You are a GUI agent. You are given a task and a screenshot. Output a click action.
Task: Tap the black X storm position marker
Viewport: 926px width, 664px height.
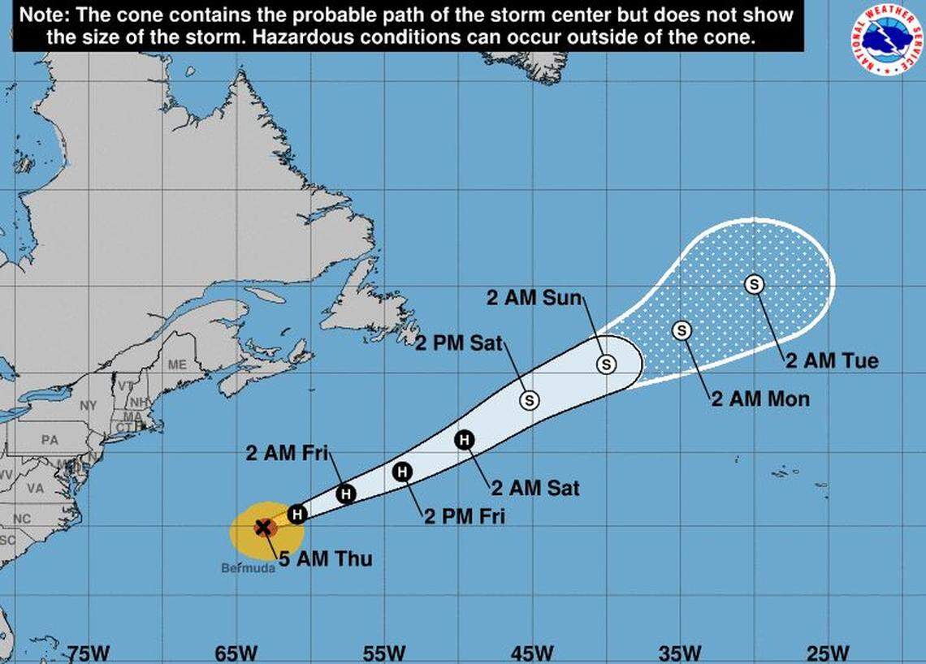pos(263,528)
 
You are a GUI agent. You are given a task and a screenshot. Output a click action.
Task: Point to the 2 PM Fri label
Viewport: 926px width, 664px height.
pos(464,515)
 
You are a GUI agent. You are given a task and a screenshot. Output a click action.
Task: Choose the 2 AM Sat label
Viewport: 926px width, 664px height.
pos(535,488)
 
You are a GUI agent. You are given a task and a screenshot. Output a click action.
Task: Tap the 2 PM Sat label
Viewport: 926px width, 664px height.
pos(459,343)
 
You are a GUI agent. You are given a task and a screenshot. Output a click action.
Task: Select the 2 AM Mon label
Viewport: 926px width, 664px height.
pos(760,399)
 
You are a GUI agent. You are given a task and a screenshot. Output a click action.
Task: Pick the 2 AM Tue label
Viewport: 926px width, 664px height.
pos(832,360)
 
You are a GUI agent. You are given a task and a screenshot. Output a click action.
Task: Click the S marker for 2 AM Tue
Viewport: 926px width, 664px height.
pos(755,284)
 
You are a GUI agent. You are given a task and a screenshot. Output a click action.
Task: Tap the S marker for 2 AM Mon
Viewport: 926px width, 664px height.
pos(682,330)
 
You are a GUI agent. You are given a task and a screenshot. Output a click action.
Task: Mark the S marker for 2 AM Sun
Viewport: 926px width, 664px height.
pos(606,364)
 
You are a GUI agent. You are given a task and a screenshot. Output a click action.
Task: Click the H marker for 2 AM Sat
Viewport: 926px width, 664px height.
pos(464,440)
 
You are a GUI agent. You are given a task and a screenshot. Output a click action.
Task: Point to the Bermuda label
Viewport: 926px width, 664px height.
pos(248,568)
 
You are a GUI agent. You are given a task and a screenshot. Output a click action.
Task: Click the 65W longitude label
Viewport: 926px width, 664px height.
pos(236,653)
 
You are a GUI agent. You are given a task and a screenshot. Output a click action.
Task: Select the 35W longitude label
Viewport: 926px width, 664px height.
pos(680,653)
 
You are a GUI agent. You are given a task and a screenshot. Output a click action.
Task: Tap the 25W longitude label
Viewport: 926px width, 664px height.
pos(829,653)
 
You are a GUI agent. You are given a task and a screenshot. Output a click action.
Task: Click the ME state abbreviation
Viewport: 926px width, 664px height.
pos(177,365)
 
